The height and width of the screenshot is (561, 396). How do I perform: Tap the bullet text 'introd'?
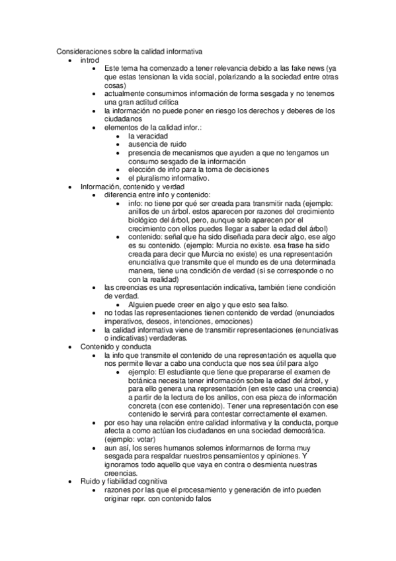89,60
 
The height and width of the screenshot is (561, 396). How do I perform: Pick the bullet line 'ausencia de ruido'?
157,144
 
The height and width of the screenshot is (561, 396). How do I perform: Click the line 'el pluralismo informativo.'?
168,178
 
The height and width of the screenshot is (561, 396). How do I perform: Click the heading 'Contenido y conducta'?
116,347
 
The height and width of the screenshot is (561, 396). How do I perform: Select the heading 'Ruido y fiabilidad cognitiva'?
124,482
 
